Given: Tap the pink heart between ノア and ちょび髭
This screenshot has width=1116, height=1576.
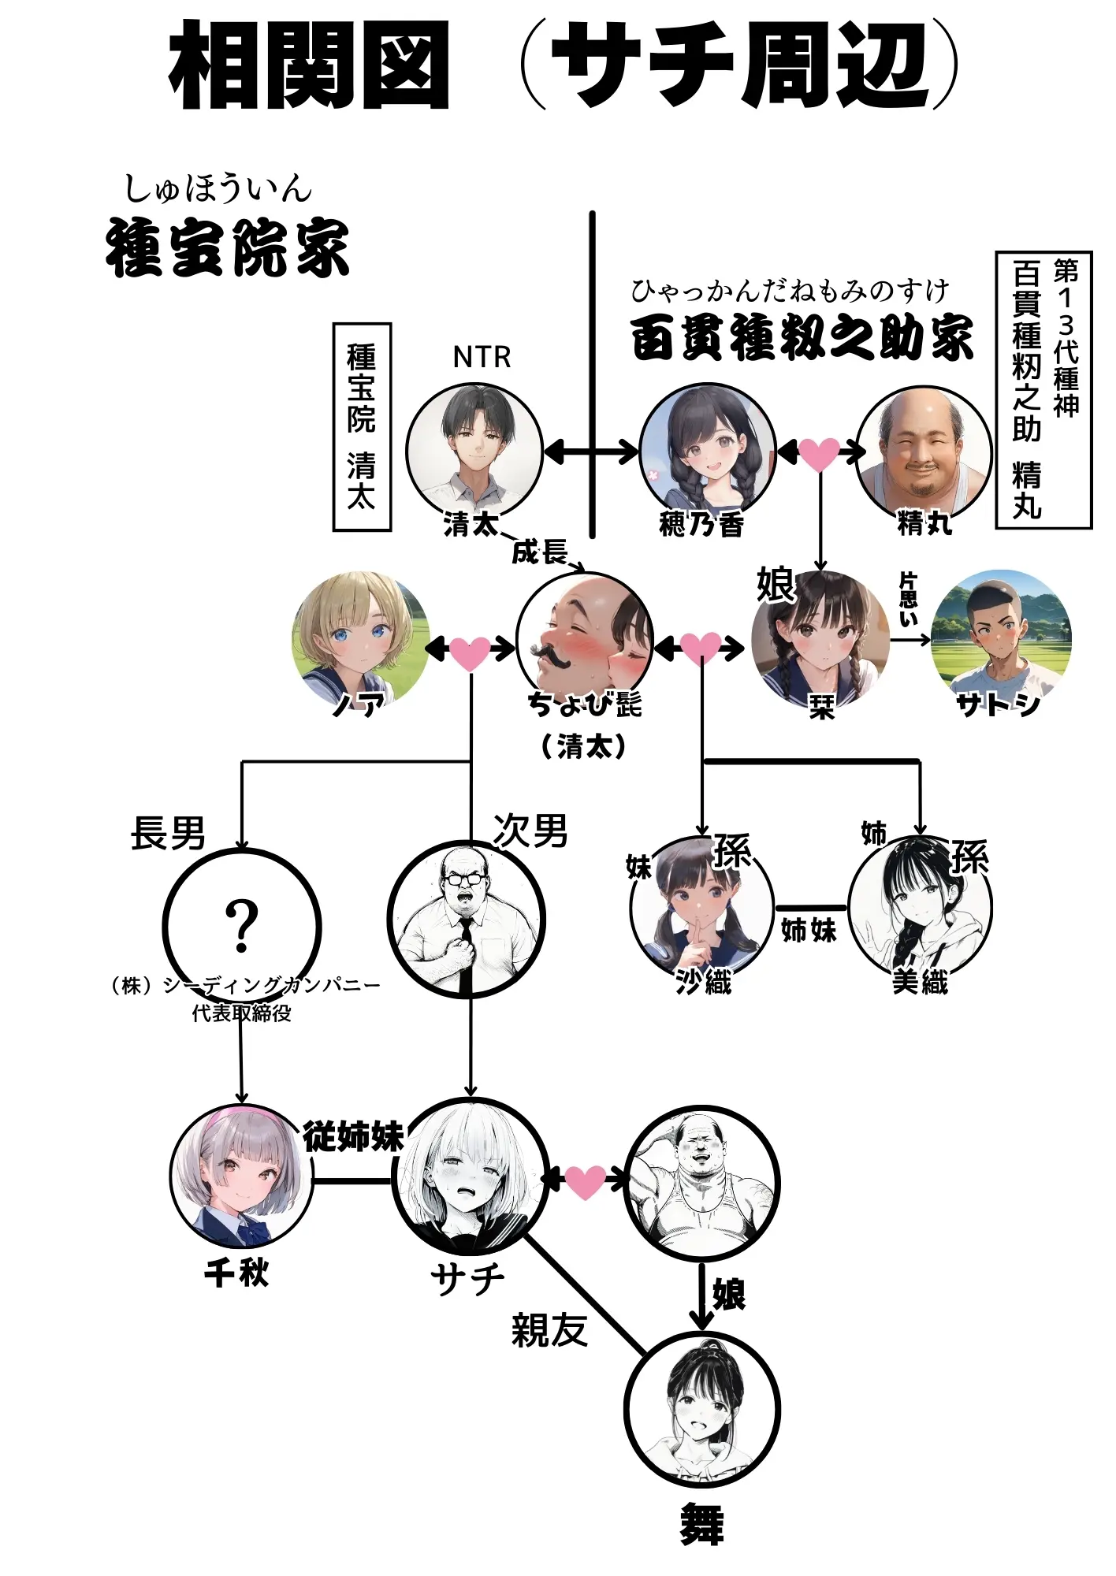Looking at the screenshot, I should pos(469,652).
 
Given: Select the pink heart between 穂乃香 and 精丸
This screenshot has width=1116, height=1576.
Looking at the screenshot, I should pos(819,454).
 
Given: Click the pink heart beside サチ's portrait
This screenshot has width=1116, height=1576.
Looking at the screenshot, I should pos(585,1181).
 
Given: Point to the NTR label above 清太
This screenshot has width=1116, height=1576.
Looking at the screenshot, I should pos(482,357).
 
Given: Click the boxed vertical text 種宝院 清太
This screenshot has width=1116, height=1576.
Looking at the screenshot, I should pos(362,426).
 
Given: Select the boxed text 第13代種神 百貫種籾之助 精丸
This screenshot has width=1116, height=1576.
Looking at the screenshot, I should pos(1043,389).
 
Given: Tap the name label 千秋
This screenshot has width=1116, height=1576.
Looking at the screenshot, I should pos(236,1272).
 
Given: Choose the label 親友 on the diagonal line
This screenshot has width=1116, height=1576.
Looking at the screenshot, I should pos(549,1330).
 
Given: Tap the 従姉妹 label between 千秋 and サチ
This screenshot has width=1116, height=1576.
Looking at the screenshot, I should pos(353,1136).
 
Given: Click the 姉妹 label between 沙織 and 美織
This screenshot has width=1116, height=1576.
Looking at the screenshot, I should pos(809,930).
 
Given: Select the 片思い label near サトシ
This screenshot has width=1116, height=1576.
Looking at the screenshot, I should pos(908,599).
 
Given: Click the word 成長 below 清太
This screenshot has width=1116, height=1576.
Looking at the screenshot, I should pos(539,552).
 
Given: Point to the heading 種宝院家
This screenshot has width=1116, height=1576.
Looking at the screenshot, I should pos(228,247).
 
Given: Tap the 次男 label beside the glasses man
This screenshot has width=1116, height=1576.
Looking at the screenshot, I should pos(530,831).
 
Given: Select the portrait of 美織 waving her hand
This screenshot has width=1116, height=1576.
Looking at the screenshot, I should pos(920,908).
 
